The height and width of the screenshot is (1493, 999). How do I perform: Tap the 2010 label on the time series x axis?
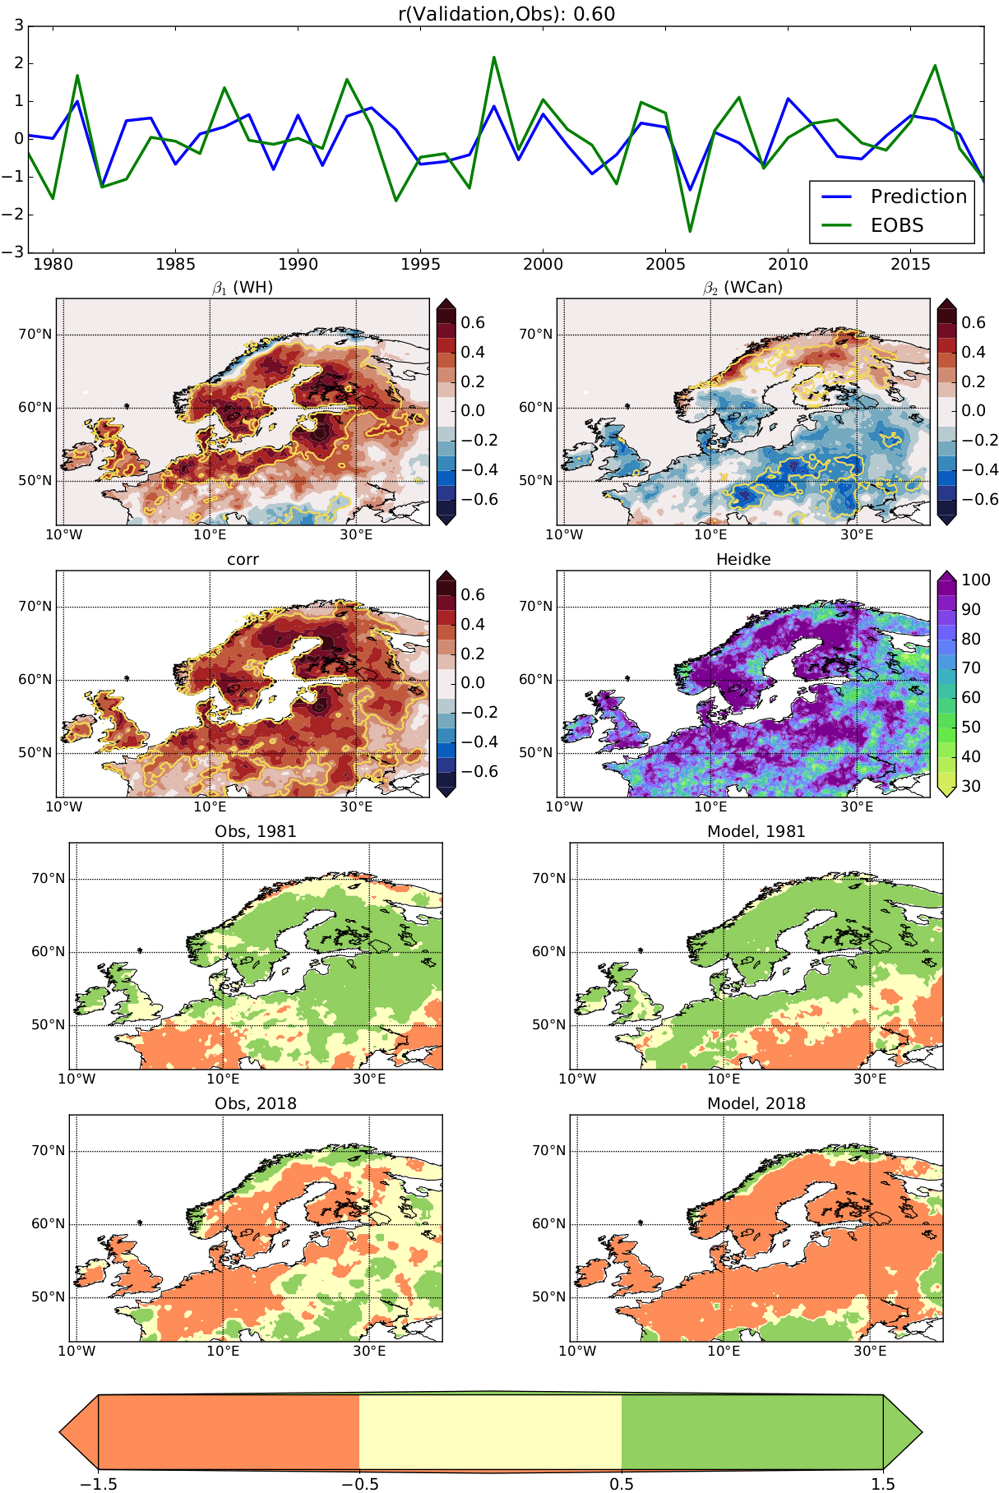[788, 264]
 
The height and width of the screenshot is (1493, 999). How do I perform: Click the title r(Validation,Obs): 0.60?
[507, 13]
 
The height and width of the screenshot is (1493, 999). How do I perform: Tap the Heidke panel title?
[743, 559]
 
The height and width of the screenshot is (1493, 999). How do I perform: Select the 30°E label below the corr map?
[356, 806]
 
